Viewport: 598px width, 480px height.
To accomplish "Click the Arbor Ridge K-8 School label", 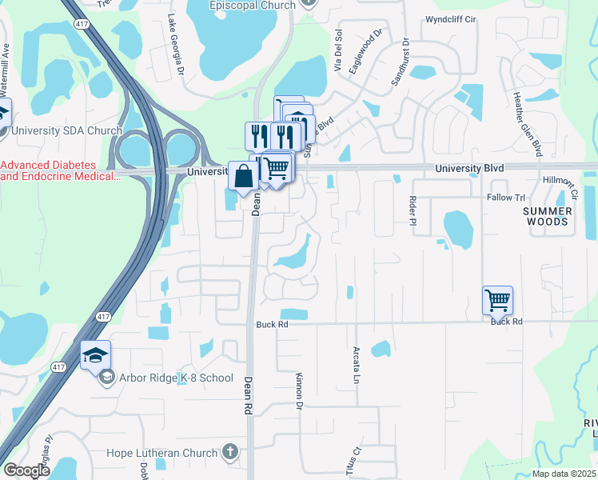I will pyautogui.click(x=176, y=378).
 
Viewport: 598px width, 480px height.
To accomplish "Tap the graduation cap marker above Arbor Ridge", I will pyautogui.click(x=95, y=355).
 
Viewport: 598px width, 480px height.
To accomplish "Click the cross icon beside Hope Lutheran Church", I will pyautogui.click(x=230, y=453).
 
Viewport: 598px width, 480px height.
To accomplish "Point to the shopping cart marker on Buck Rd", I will pyautogui.click(x=497, y=301).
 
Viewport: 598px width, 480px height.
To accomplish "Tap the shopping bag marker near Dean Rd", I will pyautogui.click(x=242, y=175).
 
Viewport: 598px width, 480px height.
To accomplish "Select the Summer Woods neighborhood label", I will pyautogui.click(x=548, y=216).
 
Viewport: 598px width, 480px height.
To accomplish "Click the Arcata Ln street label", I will pyautogui.click(x=356, y=364).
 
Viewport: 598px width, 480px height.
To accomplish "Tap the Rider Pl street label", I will pyautogui.click(x=413, y=210).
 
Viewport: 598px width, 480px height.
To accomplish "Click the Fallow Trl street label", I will pyautogui.click(x=505, y=197).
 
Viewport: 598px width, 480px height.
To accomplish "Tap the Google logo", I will pyautogui.click(x=26, y=470).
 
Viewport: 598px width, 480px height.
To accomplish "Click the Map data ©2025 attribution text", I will pyautogui.click(x=563, y=474).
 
